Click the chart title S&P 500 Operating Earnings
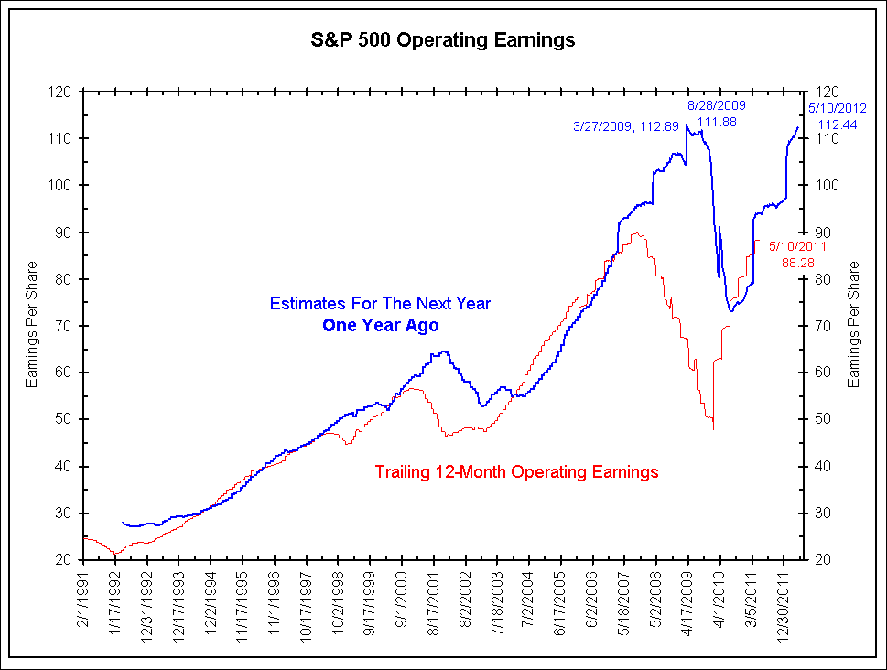point(443,40)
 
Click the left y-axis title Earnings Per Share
point(33,324)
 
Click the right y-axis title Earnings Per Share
point(854,324)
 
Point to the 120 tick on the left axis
point(61,92)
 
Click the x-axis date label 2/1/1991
point(85,596)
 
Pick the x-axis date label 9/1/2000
point(402,596)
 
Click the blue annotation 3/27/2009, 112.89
point(626,126)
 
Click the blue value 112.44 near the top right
point(837,124)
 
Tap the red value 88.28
point(798,263)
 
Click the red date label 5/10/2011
point(798,246)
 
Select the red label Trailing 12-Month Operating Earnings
point(516,472)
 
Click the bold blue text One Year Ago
point(380,325)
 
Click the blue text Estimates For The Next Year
point(380,303)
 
